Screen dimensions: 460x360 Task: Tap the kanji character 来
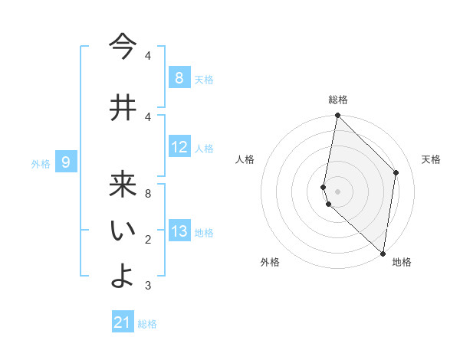(122, 186)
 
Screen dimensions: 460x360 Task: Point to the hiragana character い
(122, 232)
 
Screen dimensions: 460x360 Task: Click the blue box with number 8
(179, 77)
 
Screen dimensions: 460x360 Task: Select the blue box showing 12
(179, 147)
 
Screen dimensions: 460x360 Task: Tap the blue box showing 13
(179, 231)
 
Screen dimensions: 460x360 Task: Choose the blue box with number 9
(67, 162)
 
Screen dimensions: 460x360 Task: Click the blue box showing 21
(123, 322)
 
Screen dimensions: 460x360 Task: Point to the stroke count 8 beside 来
(148, 193)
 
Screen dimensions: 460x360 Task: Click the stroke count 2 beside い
(148, 240)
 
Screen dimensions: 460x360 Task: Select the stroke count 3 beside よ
(148, 286)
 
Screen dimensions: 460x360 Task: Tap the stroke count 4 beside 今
(148, 56)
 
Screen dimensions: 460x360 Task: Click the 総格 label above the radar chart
(337, 100)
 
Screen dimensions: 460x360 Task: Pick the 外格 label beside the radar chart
(270, 262)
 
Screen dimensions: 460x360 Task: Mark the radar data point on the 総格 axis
(337, 116)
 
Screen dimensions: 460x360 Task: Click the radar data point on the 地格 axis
(383, 253)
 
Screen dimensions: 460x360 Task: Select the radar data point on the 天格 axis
(396, 172)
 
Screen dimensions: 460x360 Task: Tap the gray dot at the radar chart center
(337, 191)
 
